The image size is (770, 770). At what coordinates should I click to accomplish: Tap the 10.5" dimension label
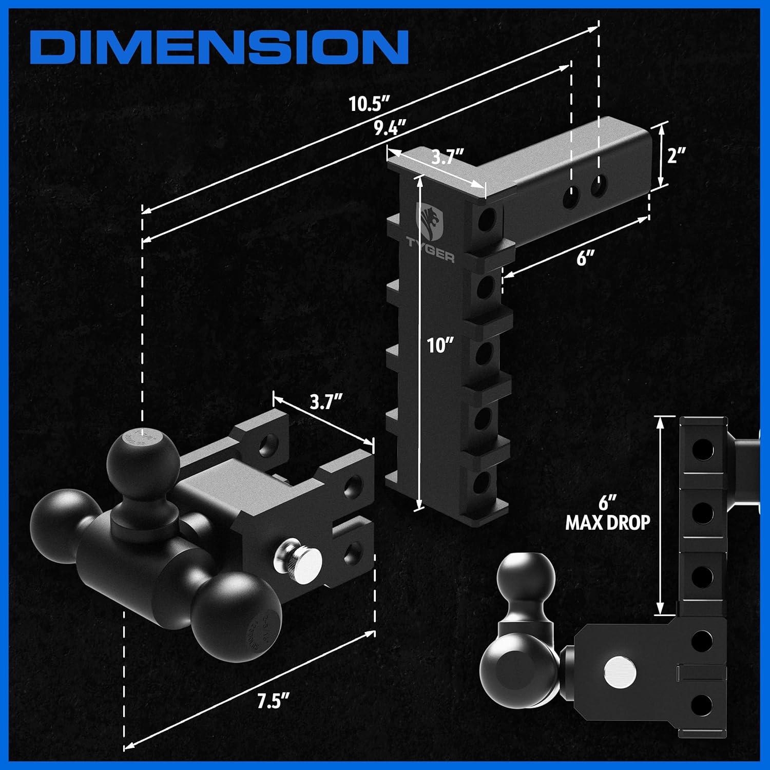pos(368,104)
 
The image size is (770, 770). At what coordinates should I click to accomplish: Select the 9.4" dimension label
pos(390,127)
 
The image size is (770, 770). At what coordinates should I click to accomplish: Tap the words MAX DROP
pos(608,523)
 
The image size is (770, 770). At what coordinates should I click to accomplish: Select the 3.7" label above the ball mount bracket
pos(326,402)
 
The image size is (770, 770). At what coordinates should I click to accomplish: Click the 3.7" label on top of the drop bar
pos(447,156)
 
